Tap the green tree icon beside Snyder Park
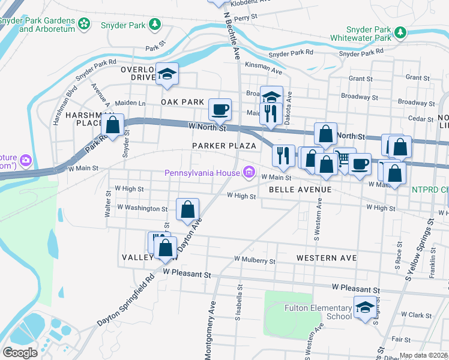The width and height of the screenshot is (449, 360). pyautogui.click(x=155, y=24)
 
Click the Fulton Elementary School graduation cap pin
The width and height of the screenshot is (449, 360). pyautogui.click(x=364, y=308)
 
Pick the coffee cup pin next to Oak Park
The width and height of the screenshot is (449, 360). pyautogui.click(x=220, y=109)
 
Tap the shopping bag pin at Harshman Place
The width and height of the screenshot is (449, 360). pyautogui.click(x=112, y=125)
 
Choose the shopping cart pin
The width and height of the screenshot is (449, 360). pyautogui.click(x=345, y=158)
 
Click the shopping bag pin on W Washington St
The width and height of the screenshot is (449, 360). pyautogui.click(x=188, y=209)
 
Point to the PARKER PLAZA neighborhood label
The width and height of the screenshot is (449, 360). pyautogui.click(x=224, y=146)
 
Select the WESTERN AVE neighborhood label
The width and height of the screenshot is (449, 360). pyautogui.click(x=327, y=258)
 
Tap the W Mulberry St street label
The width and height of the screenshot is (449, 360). pyautogui.click(x=255, y=261)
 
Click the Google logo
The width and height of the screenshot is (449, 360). pyautogui.click(x=20, y=352)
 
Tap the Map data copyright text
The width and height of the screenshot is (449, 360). pyautogui.click(x=423, y=355)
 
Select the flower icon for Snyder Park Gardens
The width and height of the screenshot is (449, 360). pyautogui.click(x=84, y=24)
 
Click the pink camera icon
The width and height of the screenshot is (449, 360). pyautogui.click(x=26, y=160)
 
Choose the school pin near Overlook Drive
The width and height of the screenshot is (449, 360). pyautogui.click(x=167, y=74)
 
